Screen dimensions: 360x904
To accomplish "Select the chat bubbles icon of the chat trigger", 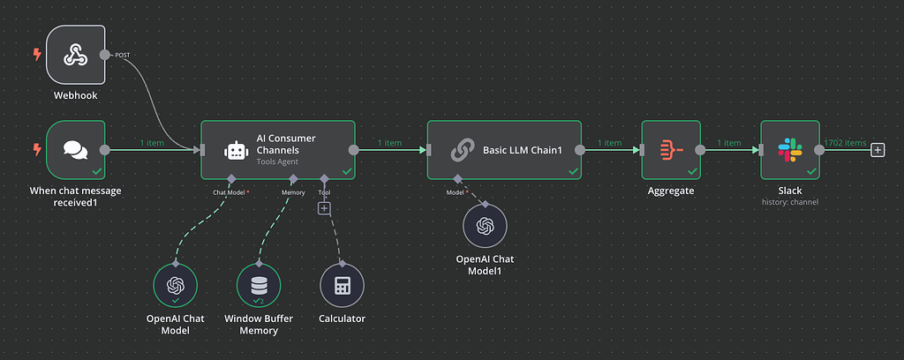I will coord(75,150).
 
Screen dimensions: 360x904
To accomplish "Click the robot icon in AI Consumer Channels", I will coord(236,151).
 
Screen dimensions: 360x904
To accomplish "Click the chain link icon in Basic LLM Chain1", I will coord(462,151).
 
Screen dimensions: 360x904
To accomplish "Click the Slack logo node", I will coord(789,150).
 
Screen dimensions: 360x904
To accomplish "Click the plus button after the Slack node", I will coord(878,150).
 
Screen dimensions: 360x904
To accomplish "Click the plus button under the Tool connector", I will coord(324,208).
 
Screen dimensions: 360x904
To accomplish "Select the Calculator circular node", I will coord(341,286).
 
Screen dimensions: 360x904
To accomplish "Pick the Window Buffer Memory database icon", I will coord(259,286).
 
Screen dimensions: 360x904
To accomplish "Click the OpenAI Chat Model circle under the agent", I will coord(175,286).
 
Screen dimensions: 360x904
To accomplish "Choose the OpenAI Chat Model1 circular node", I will coord(485,226).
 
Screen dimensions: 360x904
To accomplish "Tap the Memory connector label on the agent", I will coord(293,191).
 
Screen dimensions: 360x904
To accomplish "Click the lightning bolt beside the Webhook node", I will coord(36,55).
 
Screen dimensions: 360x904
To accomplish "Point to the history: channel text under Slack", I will coord(789,202).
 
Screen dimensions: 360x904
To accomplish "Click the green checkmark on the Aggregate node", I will coord(691,171).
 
